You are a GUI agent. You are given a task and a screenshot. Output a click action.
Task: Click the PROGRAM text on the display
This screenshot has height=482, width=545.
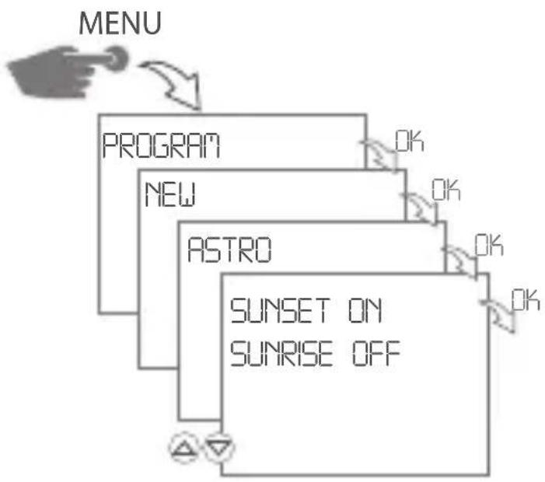[x=161, y=146]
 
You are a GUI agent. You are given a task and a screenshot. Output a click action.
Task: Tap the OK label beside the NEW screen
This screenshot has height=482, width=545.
[x=446, y=190]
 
